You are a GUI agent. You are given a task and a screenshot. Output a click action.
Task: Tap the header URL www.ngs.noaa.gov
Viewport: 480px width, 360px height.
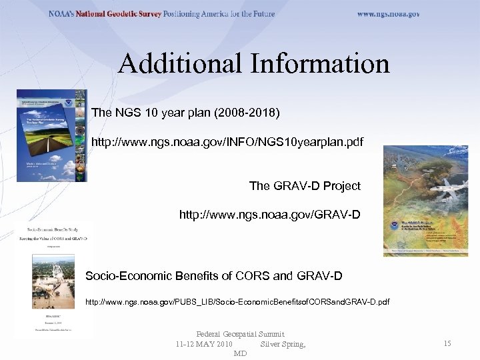(x=388, y=14)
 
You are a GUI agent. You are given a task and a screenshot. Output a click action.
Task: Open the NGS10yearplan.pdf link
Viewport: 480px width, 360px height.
(x=227, y=142)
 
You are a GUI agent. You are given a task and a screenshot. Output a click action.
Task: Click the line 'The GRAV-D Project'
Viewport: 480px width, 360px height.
(x=305, y=185)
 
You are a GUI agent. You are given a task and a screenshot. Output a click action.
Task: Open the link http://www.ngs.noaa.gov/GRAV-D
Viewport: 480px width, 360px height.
(x=270, y=215)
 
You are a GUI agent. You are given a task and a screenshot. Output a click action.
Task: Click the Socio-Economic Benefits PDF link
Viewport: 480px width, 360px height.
(x=237, y=303)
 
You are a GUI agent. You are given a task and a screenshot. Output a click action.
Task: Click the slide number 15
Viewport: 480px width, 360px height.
(x=447, y=343)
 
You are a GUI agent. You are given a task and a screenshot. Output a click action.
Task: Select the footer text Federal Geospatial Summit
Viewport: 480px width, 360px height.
(x=240, y=334)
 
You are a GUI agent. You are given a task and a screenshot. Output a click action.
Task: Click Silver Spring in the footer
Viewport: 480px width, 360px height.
(x=283, y=344)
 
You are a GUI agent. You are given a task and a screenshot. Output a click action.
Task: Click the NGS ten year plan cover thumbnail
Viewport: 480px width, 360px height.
(x=51, y=136)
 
